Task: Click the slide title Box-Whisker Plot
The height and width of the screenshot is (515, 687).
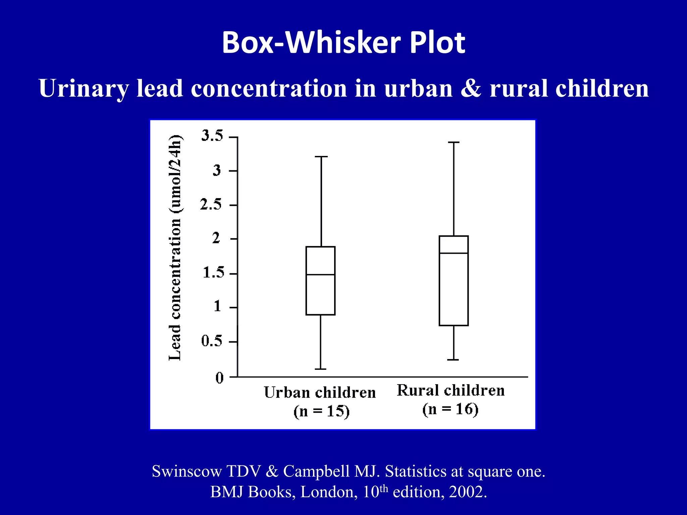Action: pyautogui.click(x=343, y=43)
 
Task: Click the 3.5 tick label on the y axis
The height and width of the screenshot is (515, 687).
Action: pyautogui.click(x=212, y=136)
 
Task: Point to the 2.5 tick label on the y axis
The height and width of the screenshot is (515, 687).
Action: pyautogui.click(x=211, y=204)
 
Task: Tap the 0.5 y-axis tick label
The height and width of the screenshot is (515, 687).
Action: pyautogui.click(x=212, y=341)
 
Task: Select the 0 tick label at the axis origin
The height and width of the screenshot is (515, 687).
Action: pyautogui.click(x=219, y=378)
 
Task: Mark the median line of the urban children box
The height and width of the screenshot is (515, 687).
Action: pyautogui.click(x=320, y=275)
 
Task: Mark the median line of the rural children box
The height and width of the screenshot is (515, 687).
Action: pyautogui.click(x=454, y=253)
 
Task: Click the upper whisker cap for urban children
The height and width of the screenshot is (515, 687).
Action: pyautogui.click(x=321, y=157)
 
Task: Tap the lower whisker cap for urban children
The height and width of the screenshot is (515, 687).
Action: pyautogui.click(x=320, y=369)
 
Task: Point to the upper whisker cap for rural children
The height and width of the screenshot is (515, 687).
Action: pyautogui.click(x=454, y=142)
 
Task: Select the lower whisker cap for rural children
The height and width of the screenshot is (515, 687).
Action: pyautogui.click(x=453, y=360)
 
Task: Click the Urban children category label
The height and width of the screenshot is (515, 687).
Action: pyautogui.click(x=320, y=392)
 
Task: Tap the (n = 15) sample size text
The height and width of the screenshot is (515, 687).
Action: pyautogui.click(x=321, y=411)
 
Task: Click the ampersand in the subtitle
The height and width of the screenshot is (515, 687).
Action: pyautogui.click(x=471, y=89)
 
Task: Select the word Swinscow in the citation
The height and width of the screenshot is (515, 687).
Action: pyautogui.click(x=187, y=471)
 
